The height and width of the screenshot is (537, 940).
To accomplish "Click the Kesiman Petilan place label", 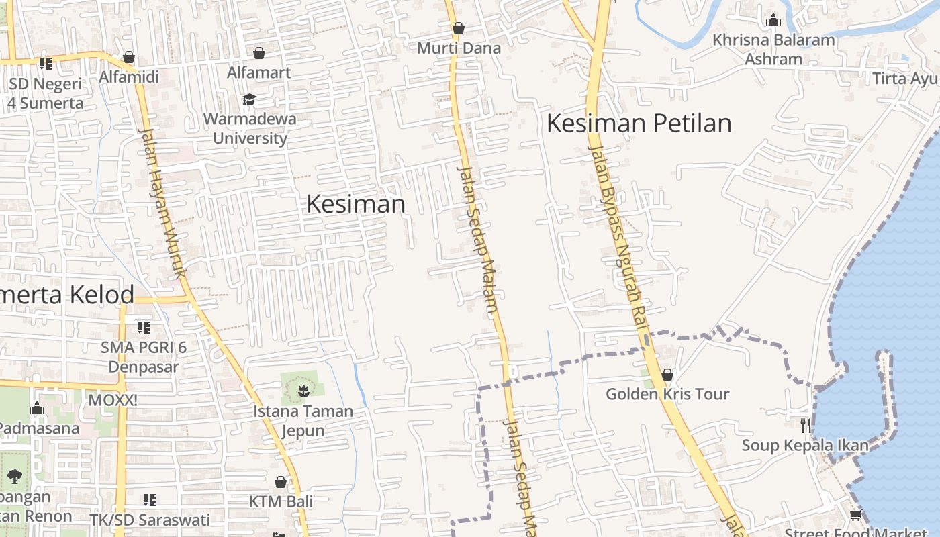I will click(x=639, y=124).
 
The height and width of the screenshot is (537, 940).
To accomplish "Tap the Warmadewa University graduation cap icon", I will click(x=249, y=100).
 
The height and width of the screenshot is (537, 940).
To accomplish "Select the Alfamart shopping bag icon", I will click(x=259, y=53).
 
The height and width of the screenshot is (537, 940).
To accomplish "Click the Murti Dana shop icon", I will click(x=459, y=28).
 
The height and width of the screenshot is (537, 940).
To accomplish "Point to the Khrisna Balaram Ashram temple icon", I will click(x=773, y=20).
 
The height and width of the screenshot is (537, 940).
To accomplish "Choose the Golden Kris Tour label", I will click(x=667, y=394).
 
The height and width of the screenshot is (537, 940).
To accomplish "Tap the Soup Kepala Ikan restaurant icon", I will click(x=805, y=425).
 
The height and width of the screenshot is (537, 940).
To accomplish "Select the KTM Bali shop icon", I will click(x=281, y=482).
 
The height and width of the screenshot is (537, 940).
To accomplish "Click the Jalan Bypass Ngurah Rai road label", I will click(x=616, y=235).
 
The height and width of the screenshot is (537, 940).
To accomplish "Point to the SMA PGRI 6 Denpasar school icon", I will click(x=143, y=327).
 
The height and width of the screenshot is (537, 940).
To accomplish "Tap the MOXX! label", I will click(x=113, y=401).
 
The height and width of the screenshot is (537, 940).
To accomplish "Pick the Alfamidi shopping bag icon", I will click(x=129, y=58).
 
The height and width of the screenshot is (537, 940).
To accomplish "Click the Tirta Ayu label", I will click(x=904, y=79).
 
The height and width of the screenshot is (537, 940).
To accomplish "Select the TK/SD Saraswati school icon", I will click(x=150, y=500).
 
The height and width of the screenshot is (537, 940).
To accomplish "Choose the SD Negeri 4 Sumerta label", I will click(x=46, y=93).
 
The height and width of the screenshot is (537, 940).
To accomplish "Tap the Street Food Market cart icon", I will click(x=855, y=516).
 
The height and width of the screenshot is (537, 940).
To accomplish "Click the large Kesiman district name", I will click(x=356, y=204).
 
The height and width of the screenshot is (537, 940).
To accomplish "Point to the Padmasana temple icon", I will click(x=37, y=408).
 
